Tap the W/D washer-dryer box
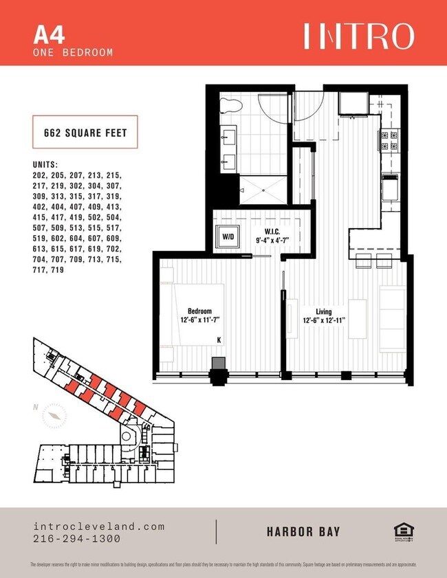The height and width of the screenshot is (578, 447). [x=226, y=237]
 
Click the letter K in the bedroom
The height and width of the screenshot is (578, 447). [x=219, y=340]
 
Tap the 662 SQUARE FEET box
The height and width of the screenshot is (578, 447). [x=86, y=133]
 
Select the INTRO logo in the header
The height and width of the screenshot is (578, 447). [x=359, y=36]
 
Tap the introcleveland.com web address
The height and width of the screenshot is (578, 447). [x=99, y=526]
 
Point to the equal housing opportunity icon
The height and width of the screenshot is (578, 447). [x=402, y=532]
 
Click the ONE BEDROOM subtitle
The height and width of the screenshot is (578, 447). [x=72, y=52]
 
